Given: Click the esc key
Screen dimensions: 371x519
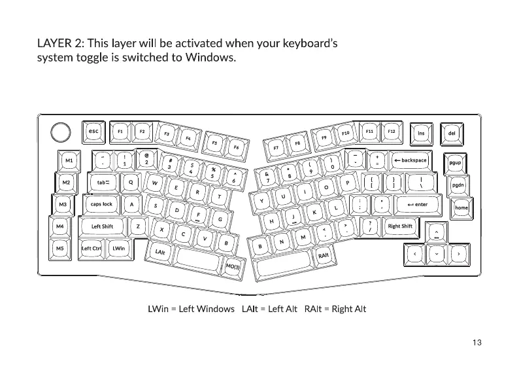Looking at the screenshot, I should pos(93,132).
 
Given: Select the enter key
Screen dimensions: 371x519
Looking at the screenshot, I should pos(416,204).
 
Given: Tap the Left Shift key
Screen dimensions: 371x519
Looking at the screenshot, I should pos(102,226).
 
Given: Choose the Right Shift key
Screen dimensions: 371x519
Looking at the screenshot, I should pos(400,226).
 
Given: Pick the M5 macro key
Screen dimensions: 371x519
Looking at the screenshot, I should pos(60,249).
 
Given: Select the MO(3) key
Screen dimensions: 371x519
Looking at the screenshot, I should pos(233,266).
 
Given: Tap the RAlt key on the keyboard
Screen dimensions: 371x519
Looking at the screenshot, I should pos(324,255).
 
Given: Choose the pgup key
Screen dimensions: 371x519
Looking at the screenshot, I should pos(455,162).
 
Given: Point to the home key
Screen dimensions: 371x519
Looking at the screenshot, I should pos(461,207).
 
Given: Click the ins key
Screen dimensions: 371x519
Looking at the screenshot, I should pos(422,133).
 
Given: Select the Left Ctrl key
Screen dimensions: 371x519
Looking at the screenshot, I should pos(92,249).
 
